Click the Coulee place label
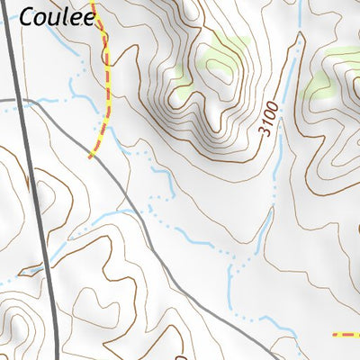tap(57, 16)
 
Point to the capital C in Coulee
tap(29, 16)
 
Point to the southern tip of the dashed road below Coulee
tap(90, 157)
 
